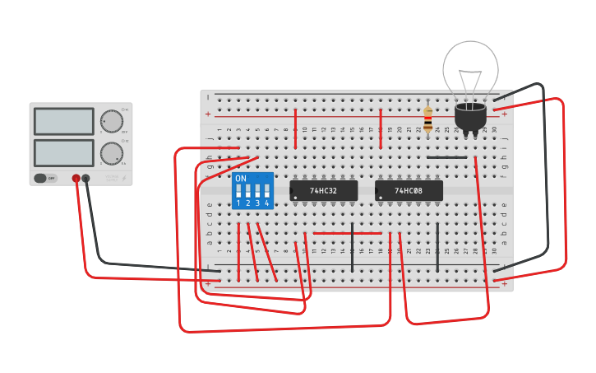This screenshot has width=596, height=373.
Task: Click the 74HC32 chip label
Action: tap(323, 191)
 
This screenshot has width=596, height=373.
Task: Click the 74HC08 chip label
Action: tap(409, 191)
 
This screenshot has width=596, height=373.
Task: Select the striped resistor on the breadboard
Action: tap(427, 120)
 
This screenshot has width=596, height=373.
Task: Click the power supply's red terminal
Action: tap(76, 178)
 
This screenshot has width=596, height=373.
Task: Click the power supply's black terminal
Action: tap(86, 178)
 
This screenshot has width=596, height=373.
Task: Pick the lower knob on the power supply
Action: tap(111, 152)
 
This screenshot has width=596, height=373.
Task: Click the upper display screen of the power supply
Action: tap(63, 121)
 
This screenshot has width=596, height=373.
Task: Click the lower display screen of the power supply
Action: tap(63, 152)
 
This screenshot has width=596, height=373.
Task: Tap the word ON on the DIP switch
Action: tap(241, 179)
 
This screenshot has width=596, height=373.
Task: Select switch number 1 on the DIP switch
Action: tap(238, 198)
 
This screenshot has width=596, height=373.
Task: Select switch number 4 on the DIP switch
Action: tap(266, 198)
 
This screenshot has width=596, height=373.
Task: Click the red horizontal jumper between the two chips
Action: tap(347, 233)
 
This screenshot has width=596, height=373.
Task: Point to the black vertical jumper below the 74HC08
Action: tap(437, 246)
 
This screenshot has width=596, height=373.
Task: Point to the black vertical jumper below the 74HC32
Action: tap(352, 246)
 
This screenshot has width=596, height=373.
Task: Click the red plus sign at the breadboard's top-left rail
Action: tap(208, 114)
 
